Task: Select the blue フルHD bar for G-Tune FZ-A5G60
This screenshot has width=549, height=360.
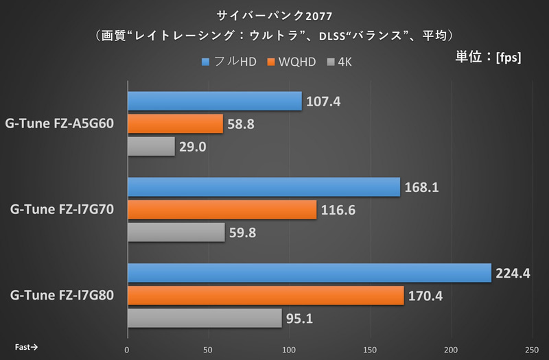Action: pos(214,101)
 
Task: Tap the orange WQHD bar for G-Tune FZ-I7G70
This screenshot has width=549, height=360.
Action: pos(222,210)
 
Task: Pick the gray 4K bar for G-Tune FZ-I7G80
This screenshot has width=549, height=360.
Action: pos(205,318)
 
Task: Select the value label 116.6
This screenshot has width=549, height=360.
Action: pos(338,210)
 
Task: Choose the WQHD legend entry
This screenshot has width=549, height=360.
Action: pos(292,62)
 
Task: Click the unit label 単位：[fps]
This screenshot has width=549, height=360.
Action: pos(488,57)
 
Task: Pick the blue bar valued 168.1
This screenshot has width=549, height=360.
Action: pos(264,187)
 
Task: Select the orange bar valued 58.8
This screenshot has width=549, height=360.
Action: pos(175,124)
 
